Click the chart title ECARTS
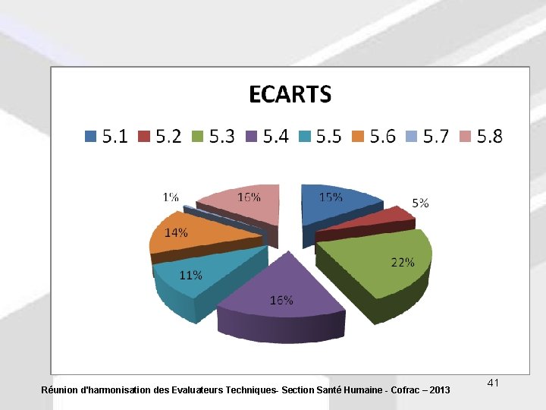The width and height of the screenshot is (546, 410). (x=290, y=94)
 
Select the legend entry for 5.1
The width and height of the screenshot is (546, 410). (x=106, y=137)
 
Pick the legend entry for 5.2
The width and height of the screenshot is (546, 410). (x=159, y=137)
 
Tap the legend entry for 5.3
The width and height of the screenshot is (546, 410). (x=213, y=137)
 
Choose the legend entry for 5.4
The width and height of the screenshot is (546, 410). (x=267, y=137)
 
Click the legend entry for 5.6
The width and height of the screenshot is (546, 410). (x=374, y=137)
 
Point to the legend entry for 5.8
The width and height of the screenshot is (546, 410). (x=481, y=137)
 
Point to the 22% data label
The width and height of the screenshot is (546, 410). (x=403, y=262)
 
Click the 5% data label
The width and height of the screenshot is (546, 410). (x=421, y=203)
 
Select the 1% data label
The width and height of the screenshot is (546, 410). (x=171, y=197)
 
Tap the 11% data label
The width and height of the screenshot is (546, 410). (x=190, y=275)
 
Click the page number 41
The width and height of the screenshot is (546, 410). (x=493, y=382)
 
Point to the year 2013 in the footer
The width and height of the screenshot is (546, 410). (x=439, y=390)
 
